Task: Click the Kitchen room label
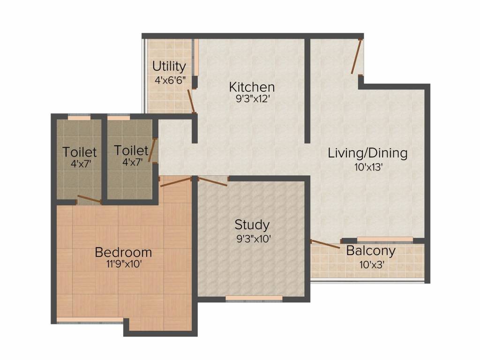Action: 252,87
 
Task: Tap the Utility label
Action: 169,66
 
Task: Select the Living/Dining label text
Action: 367,153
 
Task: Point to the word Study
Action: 252,225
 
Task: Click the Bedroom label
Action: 123,252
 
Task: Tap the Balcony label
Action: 371,251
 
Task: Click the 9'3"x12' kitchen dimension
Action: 252,99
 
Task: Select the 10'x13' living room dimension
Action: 368,167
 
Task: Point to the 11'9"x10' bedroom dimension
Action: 124,263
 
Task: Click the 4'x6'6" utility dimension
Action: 171,80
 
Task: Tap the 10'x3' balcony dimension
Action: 372,264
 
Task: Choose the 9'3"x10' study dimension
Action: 254,239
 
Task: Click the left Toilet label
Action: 80,152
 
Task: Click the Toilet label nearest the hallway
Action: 131,150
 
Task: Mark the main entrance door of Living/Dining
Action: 357,56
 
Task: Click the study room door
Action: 213,181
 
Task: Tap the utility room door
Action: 191,101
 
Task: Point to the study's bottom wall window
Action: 254,298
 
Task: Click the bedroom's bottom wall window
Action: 90,320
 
